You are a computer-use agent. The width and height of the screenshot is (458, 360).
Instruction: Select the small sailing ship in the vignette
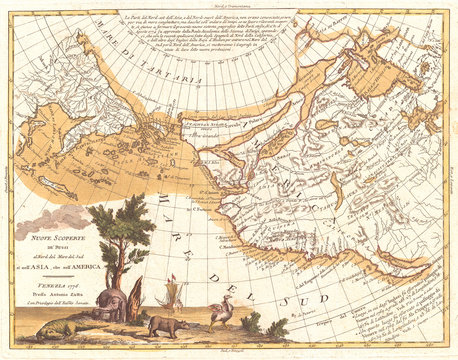172,294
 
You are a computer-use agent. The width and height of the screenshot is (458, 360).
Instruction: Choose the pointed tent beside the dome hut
135,297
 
